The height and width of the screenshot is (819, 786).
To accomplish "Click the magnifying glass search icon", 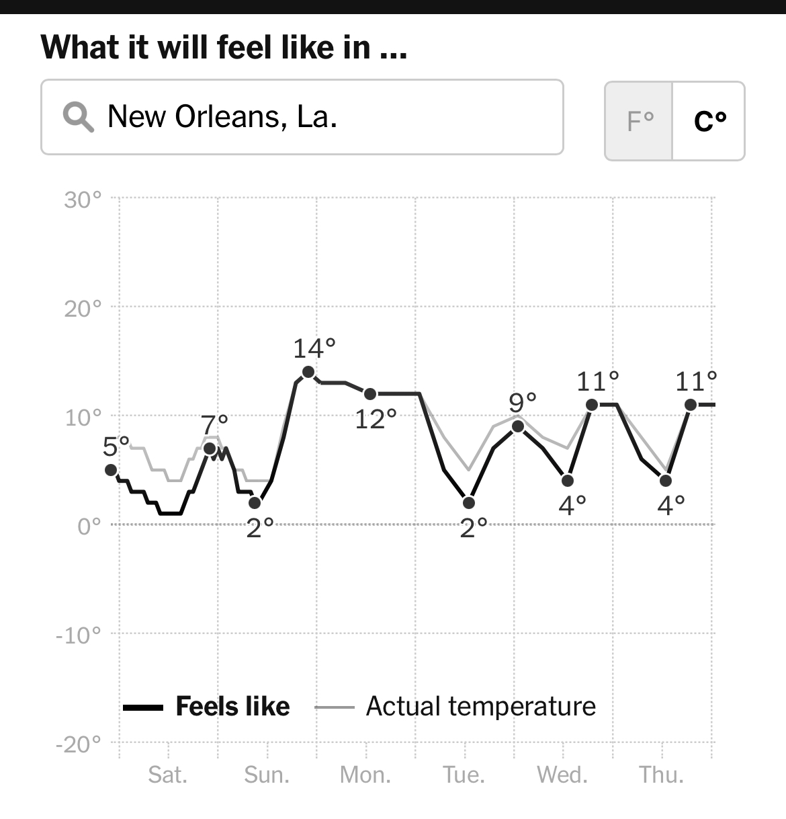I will click(x=78, y=118).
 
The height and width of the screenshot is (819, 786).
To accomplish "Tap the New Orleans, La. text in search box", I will click(x=222, y=117).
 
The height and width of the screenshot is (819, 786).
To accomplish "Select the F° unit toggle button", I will click(x=639, y=121).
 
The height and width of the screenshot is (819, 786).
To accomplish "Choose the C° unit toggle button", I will click(x=709, y=121).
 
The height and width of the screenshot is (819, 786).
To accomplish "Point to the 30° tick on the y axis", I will click(x=83, y=200).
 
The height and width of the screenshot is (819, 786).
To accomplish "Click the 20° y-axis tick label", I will click(x=83, y=309).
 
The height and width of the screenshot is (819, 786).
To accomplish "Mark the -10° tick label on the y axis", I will click(x=79, y=635).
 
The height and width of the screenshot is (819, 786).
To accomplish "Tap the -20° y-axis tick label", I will click(x=79, y=744).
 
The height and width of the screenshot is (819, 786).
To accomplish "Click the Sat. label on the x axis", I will click(x=168, y=775).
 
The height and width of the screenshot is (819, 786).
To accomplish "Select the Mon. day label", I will click(x=365, y=775).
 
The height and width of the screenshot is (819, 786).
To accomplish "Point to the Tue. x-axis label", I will click(x=464, y=775).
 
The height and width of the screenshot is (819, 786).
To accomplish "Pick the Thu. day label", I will click(x=662, y=775).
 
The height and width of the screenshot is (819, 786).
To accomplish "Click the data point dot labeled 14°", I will click(x=308, y=372).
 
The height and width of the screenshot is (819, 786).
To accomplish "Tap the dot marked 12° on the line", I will click(x=370, y=394).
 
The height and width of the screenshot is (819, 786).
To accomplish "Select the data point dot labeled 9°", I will click(x=518, y=426).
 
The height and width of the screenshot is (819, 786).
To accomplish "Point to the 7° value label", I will click(x=215, y=425).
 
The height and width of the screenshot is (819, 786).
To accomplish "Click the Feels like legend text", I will click(x=232, y=707).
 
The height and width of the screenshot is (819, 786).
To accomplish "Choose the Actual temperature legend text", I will click(x=480, y=707).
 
